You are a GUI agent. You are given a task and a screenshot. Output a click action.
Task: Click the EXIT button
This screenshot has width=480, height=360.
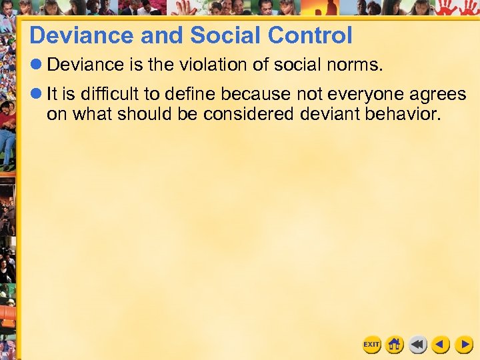371,345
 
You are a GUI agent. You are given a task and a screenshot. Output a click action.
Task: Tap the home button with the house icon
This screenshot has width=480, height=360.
395,345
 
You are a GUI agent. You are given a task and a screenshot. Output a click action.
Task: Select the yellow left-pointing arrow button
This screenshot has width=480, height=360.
440,345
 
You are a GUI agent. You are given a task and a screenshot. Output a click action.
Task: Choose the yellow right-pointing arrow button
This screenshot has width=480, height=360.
463,345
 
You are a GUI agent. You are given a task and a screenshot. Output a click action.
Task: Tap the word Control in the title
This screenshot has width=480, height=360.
313,35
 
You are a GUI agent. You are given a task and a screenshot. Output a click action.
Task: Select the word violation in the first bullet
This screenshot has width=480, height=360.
214,65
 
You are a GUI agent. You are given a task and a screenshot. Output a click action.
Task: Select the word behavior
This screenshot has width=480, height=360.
403,114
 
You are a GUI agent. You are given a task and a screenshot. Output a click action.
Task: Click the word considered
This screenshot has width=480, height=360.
248,114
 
